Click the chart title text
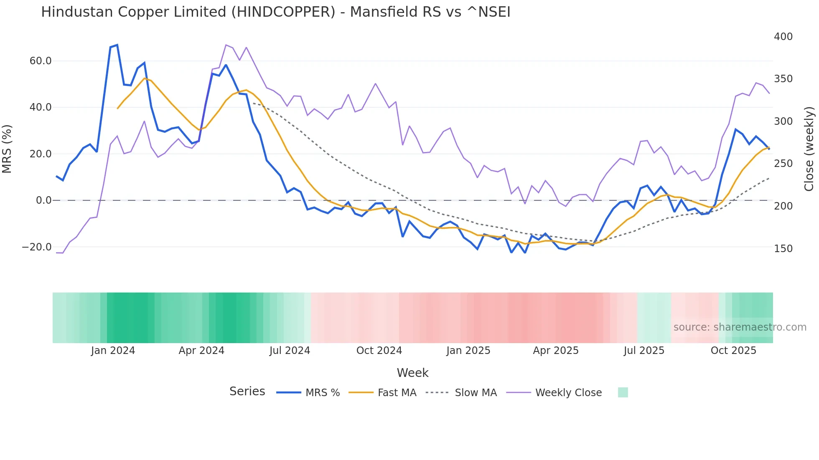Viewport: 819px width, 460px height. click(x=276, y=12)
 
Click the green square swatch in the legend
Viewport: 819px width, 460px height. click(x=623, y=392)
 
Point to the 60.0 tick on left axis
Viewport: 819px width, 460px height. click(x=41, y=61)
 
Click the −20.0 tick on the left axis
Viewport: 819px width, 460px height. click(x=37, y=247)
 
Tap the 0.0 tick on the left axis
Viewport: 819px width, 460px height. click(x=43, y=200)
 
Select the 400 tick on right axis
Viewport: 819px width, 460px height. click(x=783, y=37)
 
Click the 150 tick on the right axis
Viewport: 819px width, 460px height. click(x=783, y=249)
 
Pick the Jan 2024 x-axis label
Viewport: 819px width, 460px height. click(x=113, y=351)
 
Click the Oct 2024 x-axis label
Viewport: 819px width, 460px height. click(x=379, y=351)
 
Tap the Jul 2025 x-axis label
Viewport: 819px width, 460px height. click(x=644, y=351)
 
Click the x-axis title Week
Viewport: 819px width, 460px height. click(x=412, y=373)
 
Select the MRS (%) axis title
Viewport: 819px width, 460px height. click(x=7, y=149)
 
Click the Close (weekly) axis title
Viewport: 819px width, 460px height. click(x=809, y=149)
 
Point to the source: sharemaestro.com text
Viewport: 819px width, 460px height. click(x=740, y=327)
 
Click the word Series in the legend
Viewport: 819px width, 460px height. click(x=247, y=392)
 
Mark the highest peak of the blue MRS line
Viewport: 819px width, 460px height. click(x=117, y=45)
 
